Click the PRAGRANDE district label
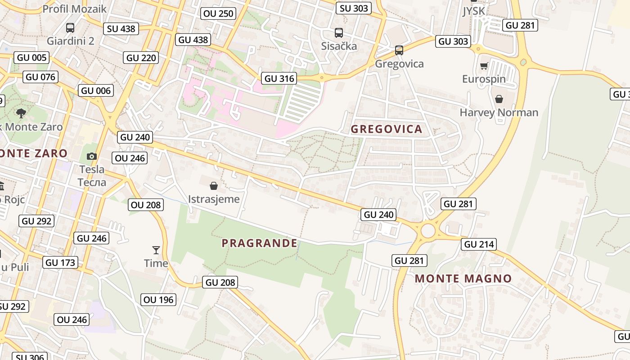click(259, 243)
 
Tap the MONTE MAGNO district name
click(463, 279)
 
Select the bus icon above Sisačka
click(338, 33)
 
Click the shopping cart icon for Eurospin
click(484, 66)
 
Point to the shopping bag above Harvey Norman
click(499, 99)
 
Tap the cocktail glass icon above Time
click(156, 250)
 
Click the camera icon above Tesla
click(92, 157)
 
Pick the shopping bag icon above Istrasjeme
click(214, 186)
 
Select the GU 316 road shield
click(279, 78)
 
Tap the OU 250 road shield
click(219, 13)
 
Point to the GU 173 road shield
click(60, 262)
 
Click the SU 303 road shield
click(354, 8)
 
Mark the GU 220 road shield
click(141, 58)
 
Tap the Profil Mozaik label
click(74, 9)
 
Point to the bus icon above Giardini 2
click(70, 28)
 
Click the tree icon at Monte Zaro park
click(21, 113)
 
